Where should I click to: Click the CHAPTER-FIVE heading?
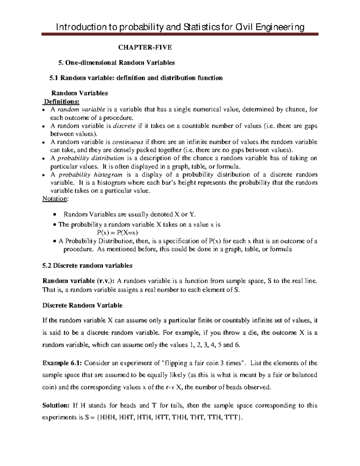pos(145,47)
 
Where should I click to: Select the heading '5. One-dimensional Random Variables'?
pos(116,63)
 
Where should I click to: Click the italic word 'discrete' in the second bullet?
pos(124,126)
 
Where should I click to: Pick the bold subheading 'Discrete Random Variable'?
pos(82,305)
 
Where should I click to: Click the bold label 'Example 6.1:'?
pos(62,363)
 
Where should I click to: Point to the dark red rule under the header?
pos(180,35)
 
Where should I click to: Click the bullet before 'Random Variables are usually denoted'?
pos(54,214)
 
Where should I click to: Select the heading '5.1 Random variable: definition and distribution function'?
pos(136,78)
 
